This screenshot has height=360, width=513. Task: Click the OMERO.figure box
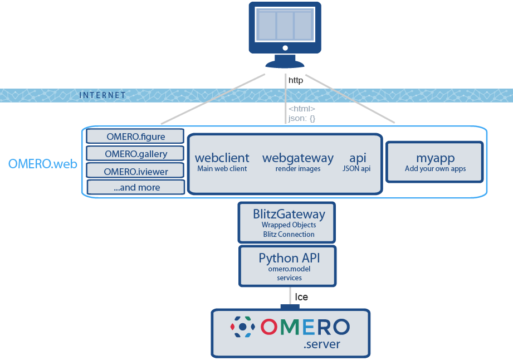135,136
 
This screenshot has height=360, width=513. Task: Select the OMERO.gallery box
135,153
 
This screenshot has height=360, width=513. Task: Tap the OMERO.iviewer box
135,171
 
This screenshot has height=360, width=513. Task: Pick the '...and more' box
136,187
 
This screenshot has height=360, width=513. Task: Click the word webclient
222,158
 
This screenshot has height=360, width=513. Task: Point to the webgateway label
297,158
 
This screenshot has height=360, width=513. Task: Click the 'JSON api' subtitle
357,169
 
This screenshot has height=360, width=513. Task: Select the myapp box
434,162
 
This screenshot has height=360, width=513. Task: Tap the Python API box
289,266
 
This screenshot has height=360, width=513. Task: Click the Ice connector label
301,297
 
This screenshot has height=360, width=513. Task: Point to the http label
296,80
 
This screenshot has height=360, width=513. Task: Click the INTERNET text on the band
102,95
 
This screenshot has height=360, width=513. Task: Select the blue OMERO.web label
42,164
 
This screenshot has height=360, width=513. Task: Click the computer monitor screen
285,25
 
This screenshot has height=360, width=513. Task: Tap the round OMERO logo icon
243,327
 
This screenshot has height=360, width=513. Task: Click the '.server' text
321,345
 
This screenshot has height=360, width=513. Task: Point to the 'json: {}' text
302,118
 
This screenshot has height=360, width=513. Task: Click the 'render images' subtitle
297,169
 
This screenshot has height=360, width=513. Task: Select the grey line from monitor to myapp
351,99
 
